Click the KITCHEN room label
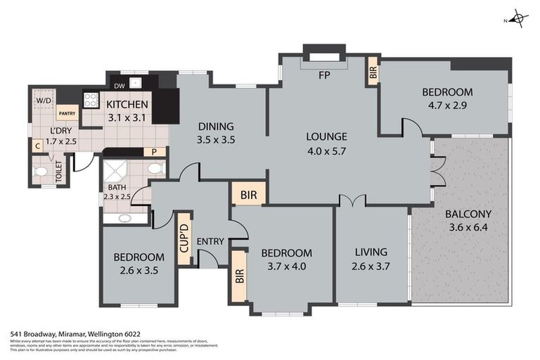(127, 105)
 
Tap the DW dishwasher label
(119, 86)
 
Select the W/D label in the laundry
(44, 101)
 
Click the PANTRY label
(67, 114)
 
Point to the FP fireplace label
(324, 74)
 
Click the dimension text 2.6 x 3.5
(139, 270)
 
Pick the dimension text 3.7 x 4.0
(286, 266)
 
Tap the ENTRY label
(210, 242)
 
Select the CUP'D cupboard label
(184, 239)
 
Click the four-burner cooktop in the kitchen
(91, 100)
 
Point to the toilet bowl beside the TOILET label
(41, 172)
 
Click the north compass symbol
(519, 18)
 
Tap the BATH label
(116, 188)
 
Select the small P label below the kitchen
(153, 151)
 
